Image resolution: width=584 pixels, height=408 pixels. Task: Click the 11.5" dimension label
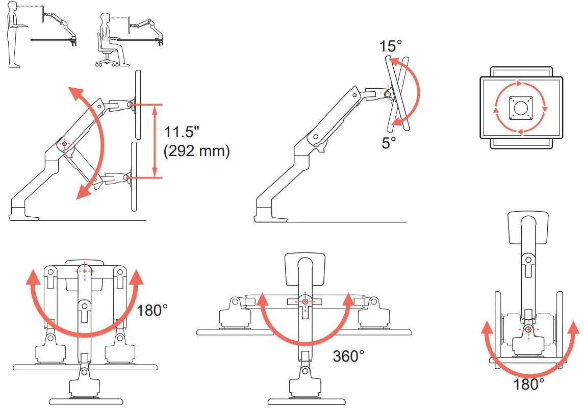tap(181, 132)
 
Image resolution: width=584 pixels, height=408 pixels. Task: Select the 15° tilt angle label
tap(390, 46)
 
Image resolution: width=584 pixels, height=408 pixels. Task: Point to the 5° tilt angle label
tap(389, 143)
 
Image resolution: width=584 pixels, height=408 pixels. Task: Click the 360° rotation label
tap(348, 356)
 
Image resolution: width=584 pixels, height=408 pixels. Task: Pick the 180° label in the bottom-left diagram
tap(152, 310)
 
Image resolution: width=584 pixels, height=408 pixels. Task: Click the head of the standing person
tap(13, 8)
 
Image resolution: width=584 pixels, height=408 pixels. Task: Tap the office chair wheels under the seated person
tap(108, 63)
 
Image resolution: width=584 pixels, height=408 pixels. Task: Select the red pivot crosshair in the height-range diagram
tap(64, 144)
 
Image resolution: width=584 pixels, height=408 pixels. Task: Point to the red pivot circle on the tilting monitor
tap(388, 94)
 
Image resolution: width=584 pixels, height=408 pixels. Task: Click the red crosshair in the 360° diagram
tap(305, 302)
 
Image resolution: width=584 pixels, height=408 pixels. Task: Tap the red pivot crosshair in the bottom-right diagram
tap(528, 329)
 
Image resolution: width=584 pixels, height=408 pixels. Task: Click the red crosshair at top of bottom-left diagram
tap(84, 271)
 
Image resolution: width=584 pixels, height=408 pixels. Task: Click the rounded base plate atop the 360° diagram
tap(304, 267)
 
